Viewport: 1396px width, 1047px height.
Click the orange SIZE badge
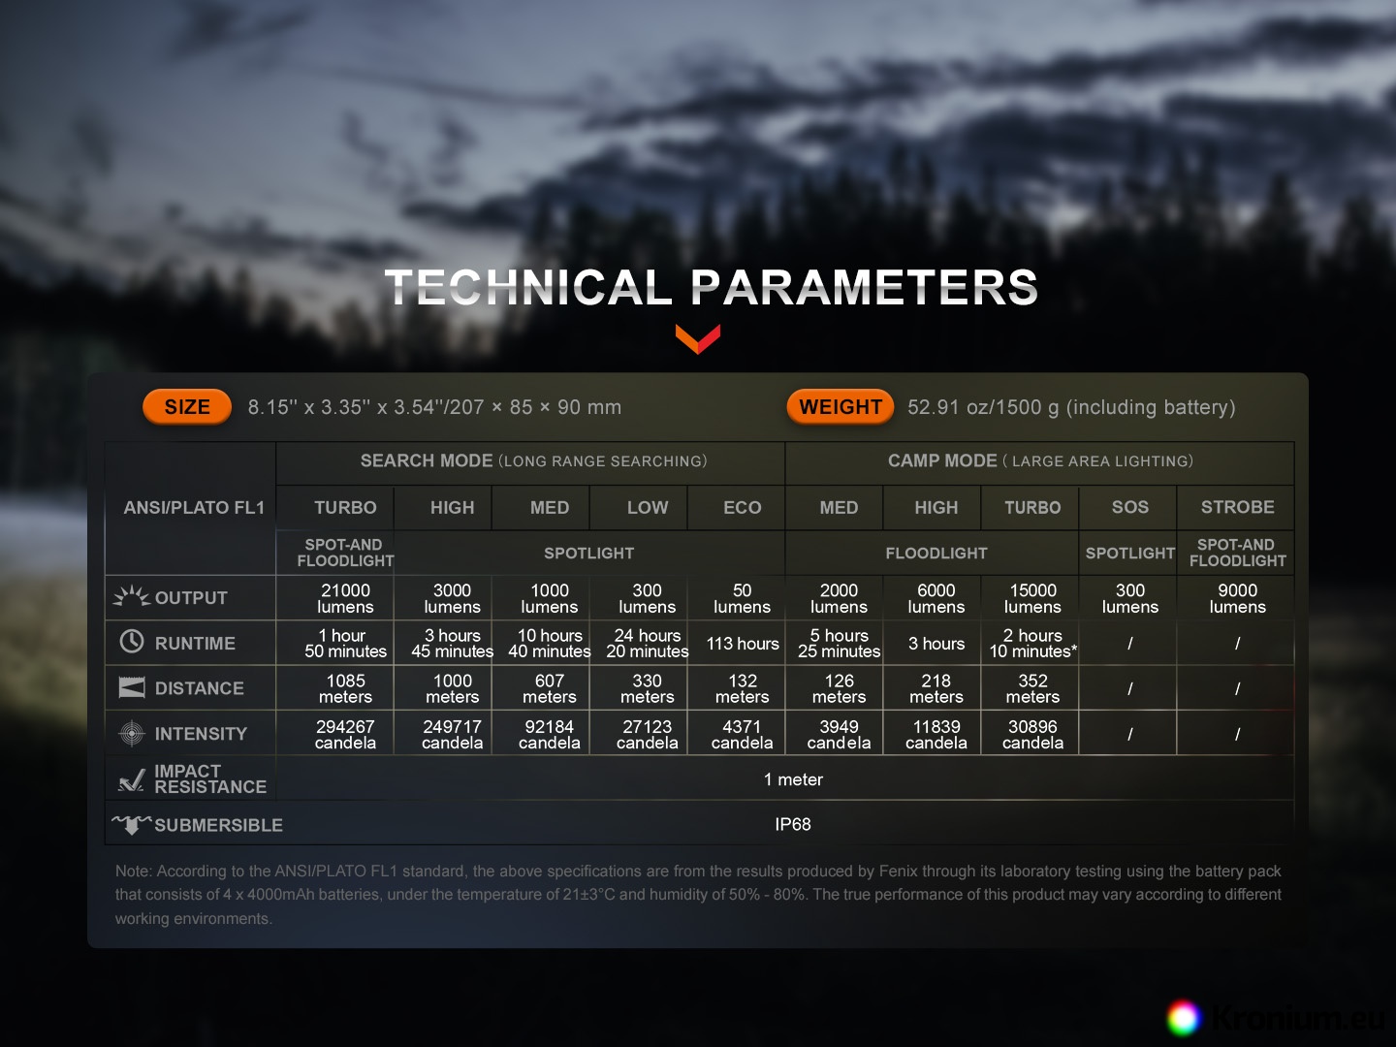[187, 407]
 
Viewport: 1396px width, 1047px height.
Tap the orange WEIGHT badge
[841, 407]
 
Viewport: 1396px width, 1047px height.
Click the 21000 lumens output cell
[345, 598]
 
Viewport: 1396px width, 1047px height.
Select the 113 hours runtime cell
[743, 644]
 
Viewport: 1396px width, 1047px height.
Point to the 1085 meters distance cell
[345, 688]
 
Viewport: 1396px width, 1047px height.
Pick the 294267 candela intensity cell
[345, 734]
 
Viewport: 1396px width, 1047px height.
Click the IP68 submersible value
[792, 824]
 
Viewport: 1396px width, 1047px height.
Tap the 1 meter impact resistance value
[793, 779]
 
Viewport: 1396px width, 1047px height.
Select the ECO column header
[743, 507]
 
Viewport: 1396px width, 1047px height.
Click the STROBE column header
[1237, 507]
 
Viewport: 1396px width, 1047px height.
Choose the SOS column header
[1130, 507]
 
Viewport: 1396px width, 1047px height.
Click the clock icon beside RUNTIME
[132, 642]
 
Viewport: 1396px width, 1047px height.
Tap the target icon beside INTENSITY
[132, 734]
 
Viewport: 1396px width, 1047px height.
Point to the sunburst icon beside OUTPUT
[132, 596]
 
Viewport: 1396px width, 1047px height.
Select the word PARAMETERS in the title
[865, 287]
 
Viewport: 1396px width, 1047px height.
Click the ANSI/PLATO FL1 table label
[194, 508]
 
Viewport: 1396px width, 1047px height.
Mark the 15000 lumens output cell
[1032, 598]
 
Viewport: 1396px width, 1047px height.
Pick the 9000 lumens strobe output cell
[1237, 598]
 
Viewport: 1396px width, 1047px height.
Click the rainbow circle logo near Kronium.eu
[1184, 1018]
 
